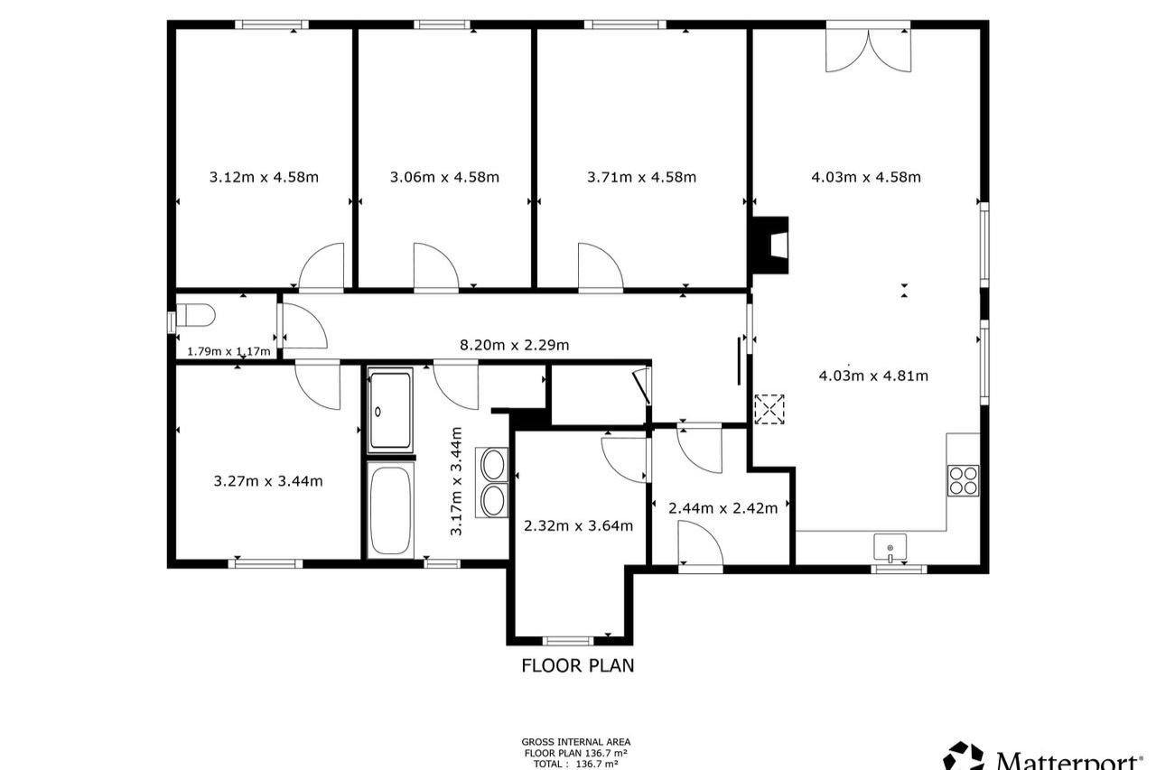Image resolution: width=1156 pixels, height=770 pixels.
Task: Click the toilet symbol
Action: [x=195, y=315]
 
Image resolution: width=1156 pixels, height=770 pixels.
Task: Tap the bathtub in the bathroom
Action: [x=391, y=509]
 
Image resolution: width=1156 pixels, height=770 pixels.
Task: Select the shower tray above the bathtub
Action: [x=390, y=410]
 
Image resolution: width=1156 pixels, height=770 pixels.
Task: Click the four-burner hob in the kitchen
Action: [x=963, y=480]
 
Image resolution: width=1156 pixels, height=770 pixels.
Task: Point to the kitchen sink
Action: [x=890, y=547]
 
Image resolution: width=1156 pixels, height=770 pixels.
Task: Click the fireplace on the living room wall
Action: [x=770, y=245]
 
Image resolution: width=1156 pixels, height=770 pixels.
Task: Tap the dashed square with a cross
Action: [x=769, y=410]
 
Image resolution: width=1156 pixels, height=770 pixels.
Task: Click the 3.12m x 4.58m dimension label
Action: [x=264, y=178]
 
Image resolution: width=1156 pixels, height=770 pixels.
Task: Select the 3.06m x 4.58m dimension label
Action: [x=444, y=178]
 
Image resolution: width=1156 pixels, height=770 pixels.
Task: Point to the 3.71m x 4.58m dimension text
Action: [x=641, y=178]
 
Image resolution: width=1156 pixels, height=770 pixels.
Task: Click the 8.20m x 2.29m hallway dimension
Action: [x=515, y=345]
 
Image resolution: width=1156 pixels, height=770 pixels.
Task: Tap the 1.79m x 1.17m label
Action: [x=228, y=352]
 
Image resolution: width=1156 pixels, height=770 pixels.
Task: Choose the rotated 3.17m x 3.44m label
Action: [x=456, y=481]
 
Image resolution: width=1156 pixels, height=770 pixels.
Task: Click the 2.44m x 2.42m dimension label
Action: [x=723, y=508]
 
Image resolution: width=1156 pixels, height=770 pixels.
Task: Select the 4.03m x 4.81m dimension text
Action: [x=873, y=376]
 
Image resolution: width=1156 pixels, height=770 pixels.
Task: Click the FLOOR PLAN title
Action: [x=578, y=666]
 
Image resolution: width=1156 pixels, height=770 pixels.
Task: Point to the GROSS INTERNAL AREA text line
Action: [x=576, y=742]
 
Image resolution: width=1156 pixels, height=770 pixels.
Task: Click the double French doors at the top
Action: [x=869, y=51]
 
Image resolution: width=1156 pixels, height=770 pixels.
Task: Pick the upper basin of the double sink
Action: [x=493, y=465]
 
